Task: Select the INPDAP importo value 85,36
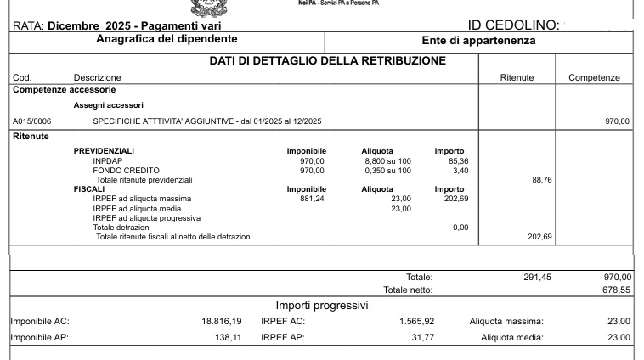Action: point(458,160)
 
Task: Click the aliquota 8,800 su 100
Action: point(387,160)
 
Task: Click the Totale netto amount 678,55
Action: point(616,290)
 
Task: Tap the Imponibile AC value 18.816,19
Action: point(221,321)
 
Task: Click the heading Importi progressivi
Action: point(322,306)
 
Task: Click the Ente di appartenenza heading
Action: point(478,41)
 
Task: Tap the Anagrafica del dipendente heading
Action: point(167,39)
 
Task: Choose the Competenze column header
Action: point(594,78)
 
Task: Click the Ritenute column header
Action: point(517,78)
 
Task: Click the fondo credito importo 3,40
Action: point(460,171)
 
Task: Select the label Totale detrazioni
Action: point(121,227)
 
